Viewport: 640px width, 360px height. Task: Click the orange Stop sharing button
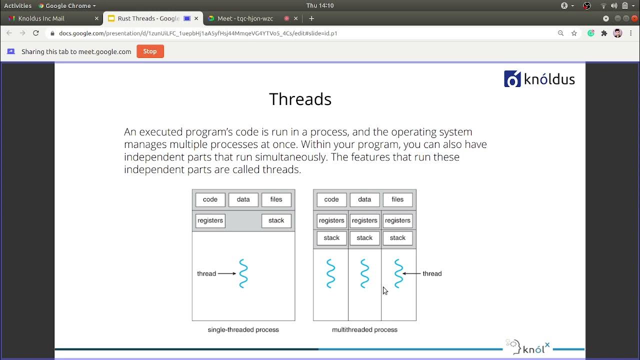(x=150, y=51)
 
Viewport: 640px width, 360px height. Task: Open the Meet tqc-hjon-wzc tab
(x=245, y=18)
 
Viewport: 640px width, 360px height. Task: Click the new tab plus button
(x=311, y=18)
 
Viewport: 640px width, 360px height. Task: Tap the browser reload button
(x=36, y=33)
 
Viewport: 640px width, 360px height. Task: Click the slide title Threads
(x=300, y=99)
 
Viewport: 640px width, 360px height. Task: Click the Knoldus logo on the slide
(x=539, y=79)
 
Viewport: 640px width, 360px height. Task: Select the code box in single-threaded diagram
(x=210, y=199)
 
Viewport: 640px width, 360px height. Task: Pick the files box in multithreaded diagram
(x=397, y=199)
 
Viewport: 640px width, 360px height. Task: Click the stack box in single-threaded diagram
(x=276, y=220)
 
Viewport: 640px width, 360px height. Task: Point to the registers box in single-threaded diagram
(x=210, y=220)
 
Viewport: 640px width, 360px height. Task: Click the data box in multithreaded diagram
(x=364, y=199)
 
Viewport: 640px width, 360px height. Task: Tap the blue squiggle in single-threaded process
(x=243, y=273)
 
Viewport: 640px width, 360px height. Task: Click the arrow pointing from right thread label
(x=411, y=273)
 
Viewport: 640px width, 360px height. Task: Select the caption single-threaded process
(x=243, y=329)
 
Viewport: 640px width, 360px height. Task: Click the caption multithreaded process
(x=364, y=329)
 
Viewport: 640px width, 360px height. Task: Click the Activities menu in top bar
(x=17, y=5)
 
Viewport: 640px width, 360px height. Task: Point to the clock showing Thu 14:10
(x=320, y=5)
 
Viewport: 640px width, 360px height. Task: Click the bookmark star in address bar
(x=574, y=33)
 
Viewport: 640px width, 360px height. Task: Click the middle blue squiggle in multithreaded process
(x=364, y=273)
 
